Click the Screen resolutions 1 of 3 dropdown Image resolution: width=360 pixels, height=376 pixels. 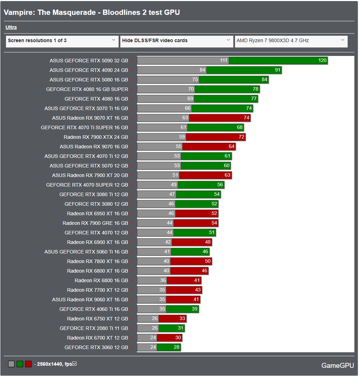coord(62,41)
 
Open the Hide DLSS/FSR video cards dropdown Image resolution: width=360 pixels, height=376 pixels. coord(176,41)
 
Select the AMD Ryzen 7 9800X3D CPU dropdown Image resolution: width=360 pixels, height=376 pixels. coord(291,41)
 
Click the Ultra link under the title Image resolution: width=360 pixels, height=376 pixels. coord(11,27)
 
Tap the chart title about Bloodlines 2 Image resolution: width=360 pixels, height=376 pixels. coord(92,12)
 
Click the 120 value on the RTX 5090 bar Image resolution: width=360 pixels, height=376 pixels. coord(322,61)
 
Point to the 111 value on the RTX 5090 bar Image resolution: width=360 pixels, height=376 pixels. coord(223,61)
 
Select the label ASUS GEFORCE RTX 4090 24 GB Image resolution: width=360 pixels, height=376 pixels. coord(88,70)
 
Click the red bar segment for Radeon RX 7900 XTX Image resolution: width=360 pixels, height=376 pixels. coord(216,137)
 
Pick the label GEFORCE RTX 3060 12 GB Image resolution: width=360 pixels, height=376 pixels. coord(96,347)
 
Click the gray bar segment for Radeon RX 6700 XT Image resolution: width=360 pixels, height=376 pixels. coord(147,338)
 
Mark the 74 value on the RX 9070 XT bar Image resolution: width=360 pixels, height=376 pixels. coord(246,118)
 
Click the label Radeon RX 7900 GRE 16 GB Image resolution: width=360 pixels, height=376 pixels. coord(95,223)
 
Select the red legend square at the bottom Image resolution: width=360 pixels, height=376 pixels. coord(28,364)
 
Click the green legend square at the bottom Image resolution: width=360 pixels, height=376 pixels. coord(20,364)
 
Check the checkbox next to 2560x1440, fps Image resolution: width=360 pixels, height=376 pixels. coord(74,364)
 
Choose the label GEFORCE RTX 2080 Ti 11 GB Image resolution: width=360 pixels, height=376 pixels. coord(94,328)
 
